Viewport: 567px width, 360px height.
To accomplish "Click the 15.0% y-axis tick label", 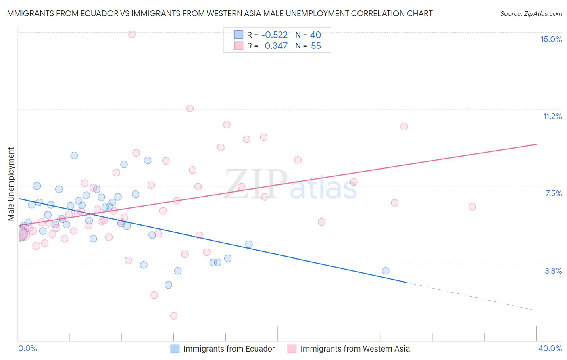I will (551, 39).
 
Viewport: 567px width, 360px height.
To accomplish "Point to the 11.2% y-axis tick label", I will (552, 116).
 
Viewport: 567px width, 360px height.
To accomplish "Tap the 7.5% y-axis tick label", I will (553, 193).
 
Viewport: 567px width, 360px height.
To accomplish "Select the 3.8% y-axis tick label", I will (553, 271).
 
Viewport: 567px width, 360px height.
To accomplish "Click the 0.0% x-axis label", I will (27, 348).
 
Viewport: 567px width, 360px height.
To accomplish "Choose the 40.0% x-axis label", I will (550, 348).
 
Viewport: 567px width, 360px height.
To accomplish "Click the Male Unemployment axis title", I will (11, 184).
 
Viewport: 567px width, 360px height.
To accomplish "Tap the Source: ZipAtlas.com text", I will (531, 14).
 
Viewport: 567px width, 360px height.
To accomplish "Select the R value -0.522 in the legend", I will (274, 35).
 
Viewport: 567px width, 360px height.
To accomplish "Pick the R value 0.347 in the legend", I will (276, 46).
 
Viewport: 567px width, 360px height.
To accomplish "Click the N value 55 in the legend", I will (316, 46).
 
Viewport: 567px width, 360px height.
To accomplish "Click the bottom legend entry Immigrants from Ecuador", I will (229, 349).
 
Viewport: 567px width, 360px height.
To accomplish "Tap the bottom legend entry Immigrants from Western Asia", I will (355, 349).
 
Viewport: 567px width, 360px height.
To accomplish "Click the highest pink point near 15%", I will (132, 34).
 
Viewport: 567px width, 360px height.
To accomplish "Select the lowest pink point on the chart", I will (174, 316).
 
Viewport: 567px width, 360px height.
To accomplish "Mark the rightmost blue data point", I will (386, 271).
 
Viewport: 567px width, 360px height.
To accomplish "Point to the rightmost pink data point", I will (472, 207).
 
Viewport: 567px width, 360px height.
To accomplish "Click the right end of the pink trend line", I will (536, 144).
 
